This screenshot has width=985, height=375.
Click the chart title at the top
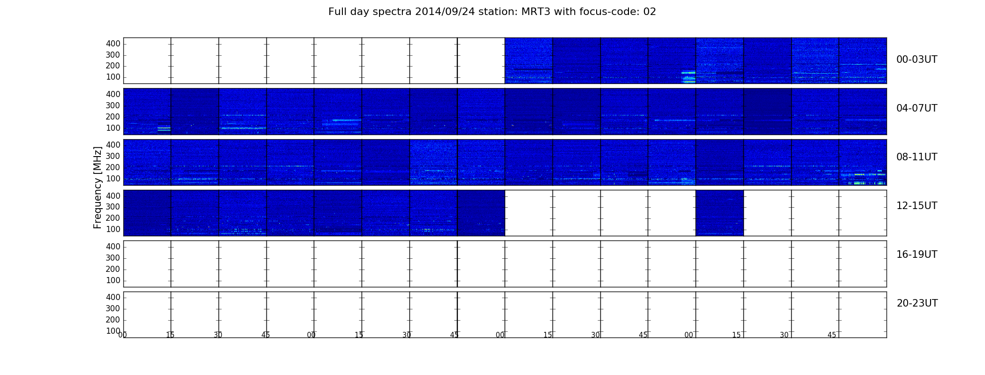pos(492,12)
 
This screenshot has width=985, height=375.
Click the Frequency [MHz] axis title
pos(98,187)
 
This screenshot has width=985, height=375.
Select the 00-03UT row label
pos(917,60)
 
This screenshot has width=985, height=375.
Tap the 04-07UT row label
pos(917,108)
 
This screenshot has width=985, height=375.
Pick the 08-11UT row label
pos(917,157)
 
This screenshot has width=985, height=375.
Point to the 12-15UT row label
pos(917,206)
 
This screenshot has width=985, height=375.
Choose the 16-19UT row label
pos(917,255)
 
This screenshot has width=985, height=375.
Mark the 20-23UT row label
pos(917,303)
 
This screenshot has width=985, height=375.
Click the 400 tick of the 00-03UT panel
pos(113,44)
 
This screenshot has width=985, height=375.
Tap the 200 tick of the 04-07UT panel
pos(113,117)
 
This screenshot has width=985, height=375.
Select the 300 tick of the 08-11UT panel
pos(113,156)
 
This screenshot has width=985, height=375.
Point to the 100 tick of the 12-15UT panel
pos(113,229)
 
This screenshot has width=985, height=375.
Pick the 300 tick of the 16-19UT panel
pos(113,258)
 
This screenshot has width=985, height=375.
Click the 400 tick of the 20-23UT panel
pos(113,297)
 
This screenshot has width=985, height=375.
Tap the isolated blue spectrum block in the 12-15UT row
pos(720,213)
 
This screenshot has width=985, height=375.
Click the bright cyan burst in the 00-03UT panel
pos(688,76)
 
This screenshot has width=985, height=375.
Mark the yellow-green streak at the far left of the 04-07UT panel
pos(164,128)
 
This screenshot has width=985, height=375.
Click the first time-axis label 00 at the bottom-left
pos(122,335)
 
